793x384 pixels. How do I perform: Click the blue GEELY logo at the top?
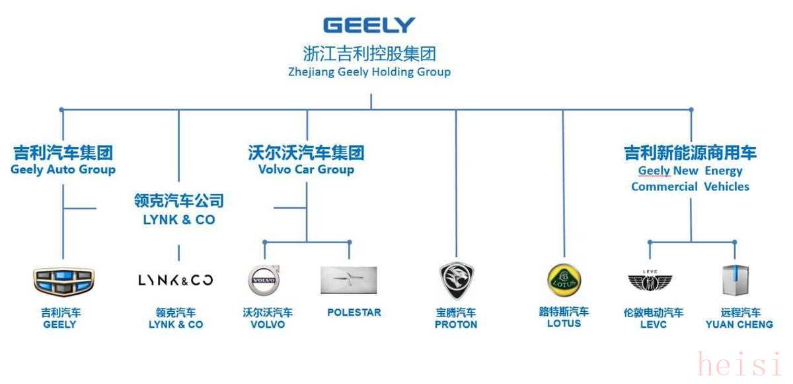click(x=369, y=25)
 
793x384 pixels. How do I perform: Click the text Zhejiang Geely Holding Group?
click(x=369, y=72)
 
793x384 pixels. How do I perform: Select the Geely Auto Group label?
click(x=63, y=169)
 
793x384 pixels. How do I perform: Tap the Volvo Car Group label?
click(x=306, y=169)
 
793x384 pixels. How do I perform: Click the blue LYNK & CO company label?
click(x=179, y=220)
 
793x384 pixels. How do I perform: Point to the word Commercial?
click(x=664, y=187)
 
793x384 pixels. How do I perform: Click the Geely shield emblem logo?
click(x=63, y=281)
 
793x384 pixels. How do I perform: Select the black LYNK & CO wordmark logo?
click(x=176, y=281)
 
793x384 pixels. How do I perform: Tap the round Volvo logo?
click(x=264, y=280)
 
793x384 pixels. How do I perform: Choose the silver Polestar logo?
click(x=349, y=280)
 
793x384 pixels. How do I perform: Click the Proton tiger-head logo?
click(x=457, y=281)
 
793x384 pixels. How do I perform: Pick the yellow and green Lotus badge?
click(x=564, y=281)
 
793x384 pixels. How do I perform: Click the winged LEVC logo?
click(x=650, y=281)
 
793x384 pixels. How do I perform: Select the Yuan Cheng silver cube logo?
click(x=736, y=280)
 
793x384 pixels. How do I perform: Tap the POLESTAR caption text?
click(x=354, y=312)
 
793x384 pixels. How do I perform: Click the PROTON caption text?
click(x=456, y=324)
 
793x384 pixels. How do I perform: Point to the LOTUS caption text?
click(x=564, y=323)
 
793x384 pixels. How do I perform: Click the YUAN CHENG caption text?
click(x=739, y=324)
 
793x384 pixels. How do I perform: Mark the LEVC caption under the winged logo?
click(x=654, y=324)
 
